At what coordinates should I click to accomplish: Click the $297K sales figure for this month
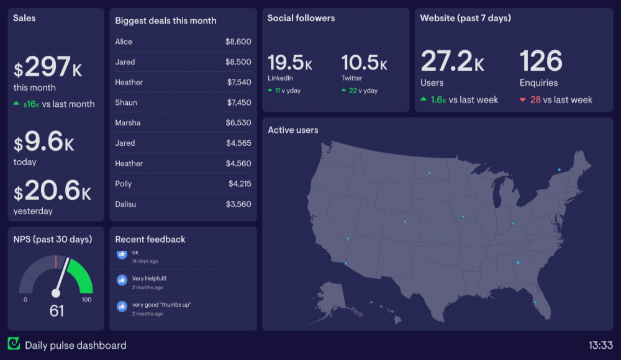coord(48,67)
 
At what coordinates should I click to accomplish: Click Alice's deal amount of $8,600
coord(238,42)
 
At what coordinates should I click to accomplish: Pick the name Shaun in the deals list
coord(126,102)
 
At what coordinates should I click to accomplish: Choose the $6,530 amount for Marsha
coord(238,123)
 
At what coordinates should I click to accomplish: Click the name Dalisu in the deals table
coord(127,204)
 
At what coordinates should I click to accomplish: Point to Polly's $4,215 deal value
coord(239,184)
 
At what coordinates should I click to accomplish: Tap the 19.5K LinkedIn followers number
coord(290,63)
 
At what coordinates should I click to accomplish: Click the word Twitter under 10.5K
coord(351,78)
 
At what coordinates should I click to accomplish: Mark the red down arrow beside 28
coord(522,100)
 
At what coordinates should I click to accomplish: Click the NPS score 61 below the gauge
coord(57,311)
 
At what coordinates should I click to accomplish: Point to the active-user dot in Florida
coord(535,303)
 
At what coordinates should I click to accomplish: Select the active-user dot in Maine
coord(559,169)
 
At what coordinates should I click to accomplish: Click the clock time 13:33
coord(601,345)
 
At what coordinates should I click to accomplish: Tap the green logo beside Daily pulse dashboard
coord(14,344)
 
